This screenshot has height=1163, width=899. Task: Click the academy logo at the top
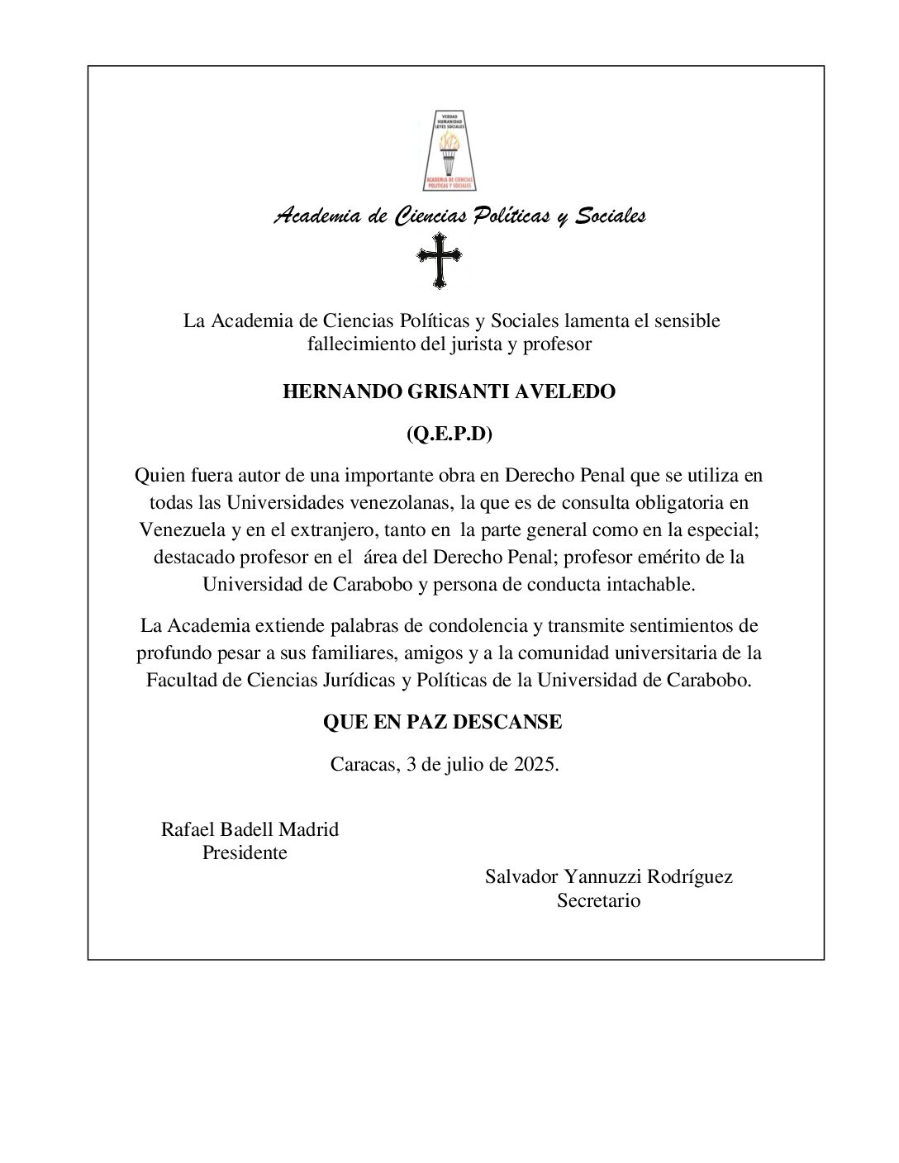pyautogui.click(x=449, y=150)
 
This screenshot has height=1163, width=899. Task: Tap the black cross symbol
pyautogui.click(x=439, y=259)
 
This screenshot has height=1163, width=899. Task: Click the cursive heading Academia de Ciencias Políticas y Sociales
pyautogui.click(x=459, y=216)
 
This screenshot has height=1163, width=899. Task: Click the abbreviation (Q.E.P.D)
pyautogui.click(x=449, y=434)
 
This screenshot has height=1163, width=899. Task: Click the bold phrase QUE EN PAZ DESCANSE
pyautogui.click(x=442, y=723)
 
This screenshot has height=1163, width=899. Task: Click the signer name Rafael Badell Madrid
pyautogui.click(x=250, y=829)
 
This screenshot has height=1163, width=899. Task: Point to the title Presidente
pyautogui.click(x=245, y=853)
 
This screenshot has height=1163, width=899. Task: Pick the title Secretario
pyautogui.click(x=598, y=901)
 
